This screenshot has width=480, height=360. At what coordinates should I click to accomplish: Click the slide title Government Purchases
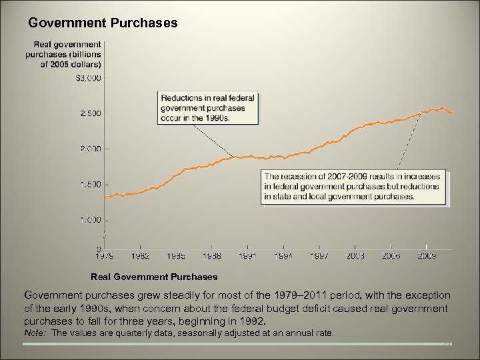pos(103,23)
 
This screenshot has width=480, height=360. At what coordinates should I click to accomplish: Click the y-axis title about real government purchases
pos(63,55)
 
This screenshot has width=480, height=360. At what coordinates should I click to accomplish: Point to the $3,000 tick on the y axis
pos(88,78)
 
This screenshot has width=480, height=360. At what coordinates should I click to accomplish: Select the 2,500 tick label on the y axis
pos(89,113)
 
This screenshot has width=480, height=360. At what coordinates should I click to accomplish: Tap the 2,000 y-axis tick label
pos(89,149)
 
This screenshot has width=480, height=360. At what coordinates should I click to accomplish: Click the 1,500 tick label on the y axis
pos(89,184)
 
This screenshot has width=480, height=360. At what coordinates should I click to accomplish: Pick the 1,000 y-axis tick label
pos(89,219)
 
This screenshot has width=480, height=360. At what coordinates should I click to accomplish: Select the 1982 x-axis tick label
pos(141,255)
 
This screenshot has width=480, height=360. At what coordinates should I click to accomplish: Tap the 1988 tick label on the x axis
pos(211,255)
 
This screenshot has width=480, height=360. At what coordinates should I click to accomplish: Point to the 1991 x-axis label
pos(247,255)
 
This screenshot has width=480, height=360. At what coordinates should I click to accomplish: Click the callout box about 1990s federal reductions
pos(208,108)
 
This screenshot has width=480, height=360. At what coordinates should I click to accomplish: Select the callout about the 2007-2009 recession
pos(355,187)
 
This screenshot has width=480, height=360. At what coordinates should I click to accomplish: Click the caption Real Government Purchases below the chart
pos(154,276)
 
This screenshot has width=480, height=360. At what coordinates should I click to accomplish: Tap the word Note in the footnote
pos(35,333)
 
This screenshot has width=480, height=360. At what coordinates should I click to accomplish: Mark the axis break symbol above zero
pos(103,233)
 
